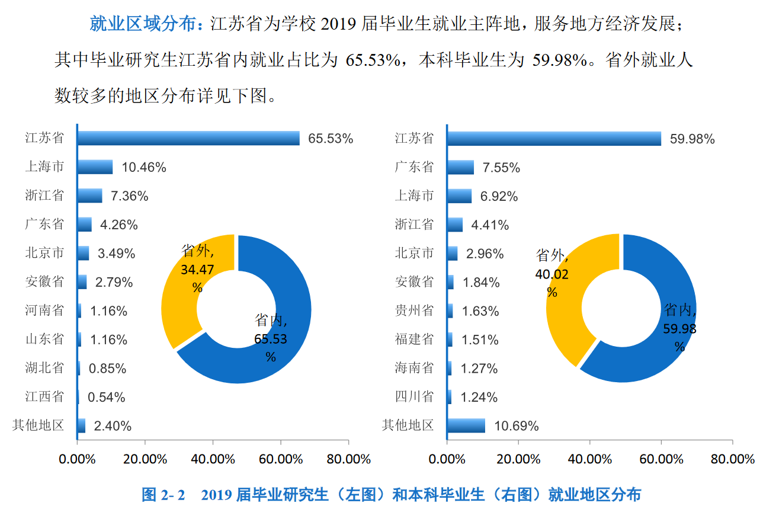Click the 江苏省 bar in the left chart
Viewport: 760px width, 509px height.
pyautogui.click(x=188, y=138)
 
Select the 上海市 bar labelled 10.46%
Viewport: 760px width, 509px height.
pyautogui.click(x=95, y=167)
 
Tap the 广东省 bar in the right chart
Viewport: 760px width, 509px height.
pyautogui.click(x=460, y=167)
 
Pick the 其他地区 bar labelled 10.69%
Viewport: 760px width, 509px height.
pyautogui.click(x=466, y=425)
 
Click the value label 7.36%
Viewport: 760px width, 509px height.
pyautogui.click(x=129, y=196)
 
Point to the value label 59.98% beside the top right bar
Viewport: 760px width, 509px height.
pyautogui.click(x=692, y=139)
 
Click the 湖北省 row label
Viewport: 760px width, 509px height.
pyautogui.click(x=44, y=368)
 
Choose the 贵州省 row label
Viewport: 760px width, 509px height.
pyautogui.click(x=414, y=310)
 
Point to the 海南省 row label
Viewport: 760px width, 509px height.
pyautogui.click(x=414, y=368)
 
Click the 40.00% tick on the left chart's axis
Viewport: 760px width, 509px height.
pyautogui.click(x=213, y=459)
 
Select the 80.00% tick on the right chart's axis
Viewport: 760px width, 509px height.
pyautogui.click(x=732, y=459)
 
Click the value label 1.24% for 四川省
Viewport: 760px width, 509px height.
pyautogui.click(x=479, y=397)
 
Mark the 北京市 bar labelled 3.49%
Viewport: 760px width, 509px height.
pyautogui.click(x=84, y=253)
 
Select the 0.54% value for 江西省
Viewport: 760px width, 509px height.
pyautogui.click(x=107, y=397)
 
